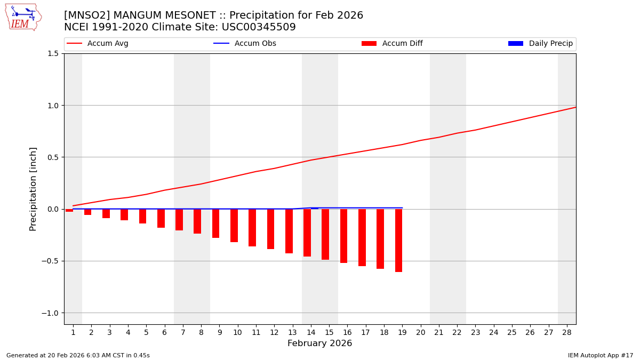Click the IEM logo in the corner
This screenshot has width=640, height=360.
pyautogui.click(x=23, y=17)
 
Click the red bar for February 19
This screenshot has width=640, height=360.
pyautogui.click(x=398, y=241)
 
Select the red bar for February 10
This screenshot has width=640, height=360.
pyautogui.click(x=234, y=226)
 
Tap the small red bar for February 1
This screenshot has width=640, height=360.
pyautogui.click(x=69, y=210)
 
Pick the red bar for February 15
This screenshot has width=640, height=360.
pyautogui.click(x=325, y=234)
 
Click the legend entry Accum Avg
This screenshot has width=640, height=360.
pyautogui.click(x=98, y=44)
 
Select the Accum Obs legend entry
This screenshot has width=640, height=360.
pyautogui.click(x=245, y=44)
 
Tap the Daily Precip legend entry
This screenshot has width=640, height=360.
pyautogui.click(x=541, y=44)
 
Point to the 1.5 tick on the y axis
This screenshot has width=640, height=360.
pyautogui.click(x=52, y=53)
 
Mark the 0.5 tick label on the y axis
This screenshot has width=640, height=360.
pyautogui.click(x=52, y=157)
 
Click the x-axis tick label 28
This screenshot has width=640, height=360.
pyautogui.click(x=567, y=332)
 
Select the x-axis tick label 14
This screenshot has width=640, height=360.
pyautogui.click(x=310, y=332)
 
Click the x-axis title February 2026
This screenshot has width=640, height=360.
pyautogui.click(x=319, y=343)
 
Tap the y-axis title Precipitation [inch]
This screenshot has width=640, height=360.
pyautogui.click(x=33, y=189)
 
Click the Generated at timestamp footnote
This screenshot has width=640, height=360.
pyautogui.click(x=78, y=355)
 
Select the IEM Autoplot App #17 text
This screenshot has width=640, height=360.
pyautogui.click(x=601, y=355)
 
